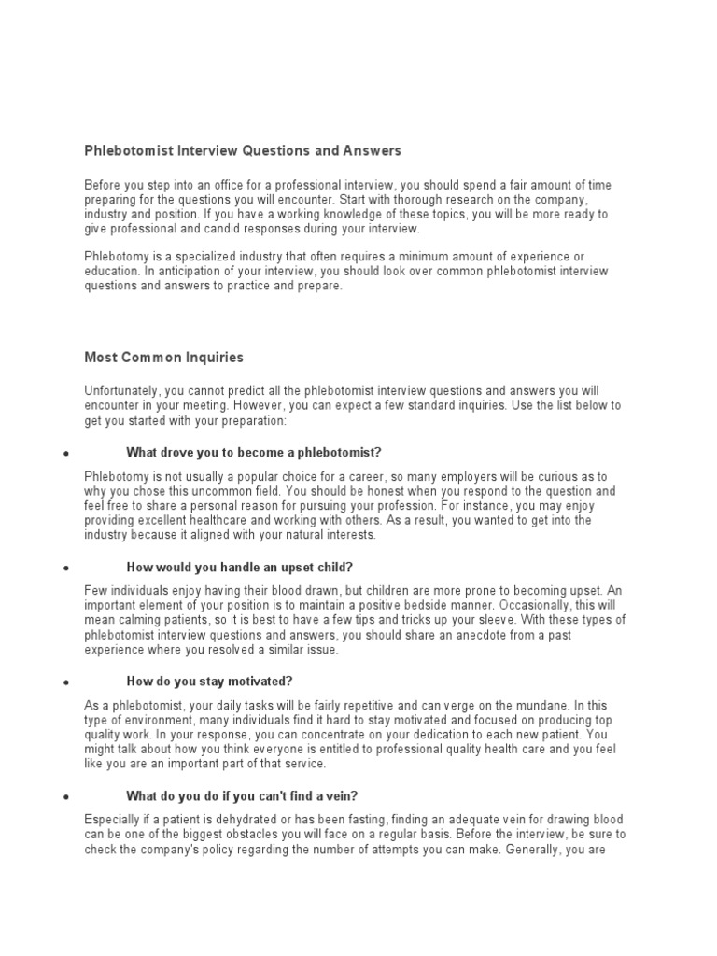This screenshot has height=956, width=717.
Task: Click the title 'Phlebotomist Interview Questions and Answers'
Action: coord(243,150)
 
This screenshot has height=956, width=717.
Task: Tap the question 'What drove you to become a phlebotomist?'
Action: coord(254,452)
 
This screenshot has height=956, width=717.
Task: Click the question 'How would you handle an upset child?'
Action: coord(239,567)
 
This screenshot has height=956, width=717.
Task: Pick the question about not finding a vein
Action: coord(241,795)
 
